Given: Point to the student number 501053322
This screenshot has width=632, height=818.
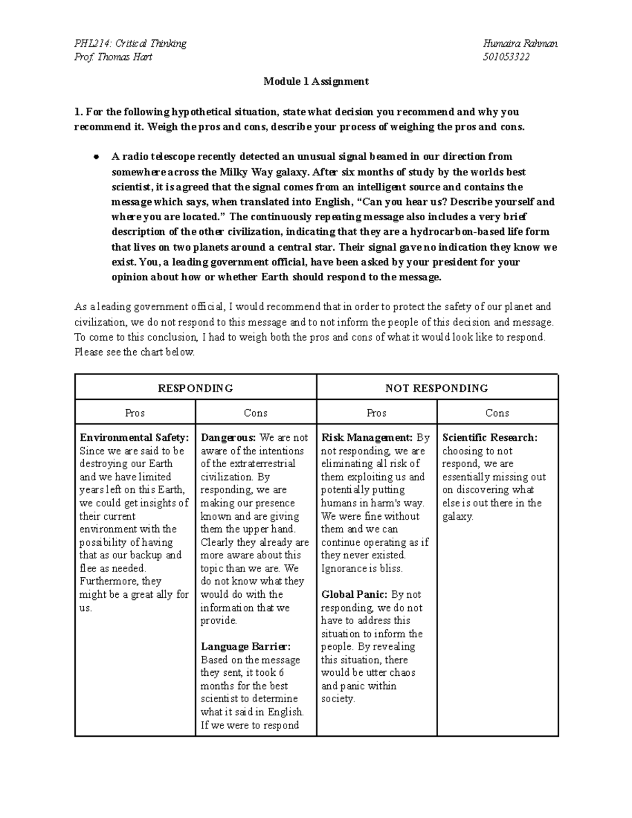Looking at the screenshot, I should click(x=506, y=57).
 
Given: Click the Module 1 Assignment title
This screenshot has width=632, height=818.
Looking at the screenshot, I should click(x=316, y=82).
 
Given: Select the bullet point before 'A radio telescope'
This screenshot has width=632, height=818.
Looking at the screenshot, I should click(x=96, y=157).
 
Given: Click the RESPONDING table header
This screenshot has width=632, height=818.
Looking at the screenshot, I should click(x=195, y=388).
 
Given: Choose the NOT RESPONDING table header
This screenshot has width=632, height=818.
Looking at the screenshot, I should click(x=437, y=388).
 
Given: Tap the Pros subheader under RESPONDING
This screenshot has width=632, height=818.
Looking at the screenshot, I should click(x=135, y=413).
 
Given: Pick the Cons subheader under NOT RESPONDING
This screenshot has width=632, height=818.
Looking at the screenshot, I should click(x=497, y=413).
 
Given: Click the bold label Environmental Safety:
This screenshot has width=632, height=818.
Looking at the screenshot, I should click(x=134, y=438).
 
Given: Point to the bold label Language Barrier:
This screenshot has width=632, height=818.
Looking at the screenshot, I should click(x=245, y=647).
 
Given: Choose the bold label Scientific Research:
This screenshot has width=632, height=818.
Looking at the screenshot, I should click(x=490, y=438).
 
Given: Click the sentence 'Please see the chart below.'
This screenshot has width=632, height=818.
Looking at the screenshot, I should click(x=135, y=352).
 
